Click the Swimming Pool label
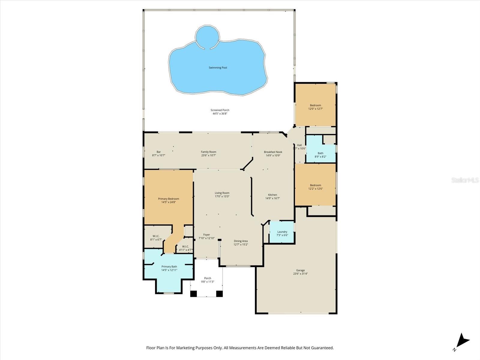tap(218, 68)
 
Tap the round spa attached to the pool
tap(206, 37)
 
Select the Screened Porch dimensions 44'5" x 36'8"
tap(220, 114)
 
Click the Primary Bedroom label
tap(169, 199)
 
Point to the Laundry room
tap(282, 232)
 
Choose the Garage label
tap(300, 270)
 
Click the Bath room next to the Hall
tap(320, 153)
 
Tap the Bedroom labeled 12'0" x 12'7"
tap(315, 105)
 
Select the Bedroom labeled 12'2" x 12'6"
tap(315, 185)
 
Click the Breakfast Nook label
tap(273, 152)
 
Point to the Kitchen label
tap(272, 195)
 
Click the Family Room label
tap(208, 152)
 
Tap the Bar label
tap(159, 152)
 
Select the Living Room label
tap(222, 193)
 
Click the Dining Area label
tap(241, 241)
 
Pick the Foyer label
tap(206, 235)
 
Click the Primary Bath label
tap(169, 267)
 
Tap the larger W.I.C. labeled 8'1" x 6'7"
tap(156, 236)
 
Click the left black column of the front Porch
tap(193, 294)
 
